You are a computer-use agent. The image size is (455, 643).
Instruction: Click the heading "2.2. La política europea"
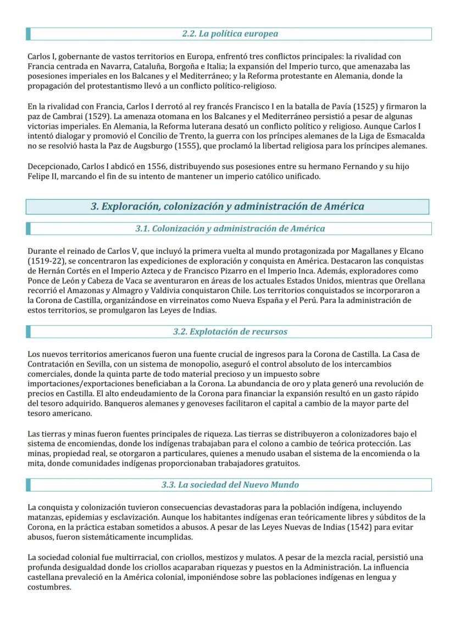pos(230,34)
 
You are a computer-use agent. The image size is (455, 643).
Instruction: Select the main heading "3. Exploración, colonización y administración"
pos(227,207)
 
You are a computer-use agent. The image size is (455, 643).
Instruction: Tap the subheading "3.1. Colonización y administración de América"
pos(230,228)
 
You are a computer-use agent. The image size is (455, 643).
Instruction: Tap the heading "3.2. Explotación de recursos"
pos(230,332)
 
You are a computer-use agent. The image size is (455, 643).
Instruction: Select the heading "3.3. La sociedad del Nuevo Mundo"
pos(230,485)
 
